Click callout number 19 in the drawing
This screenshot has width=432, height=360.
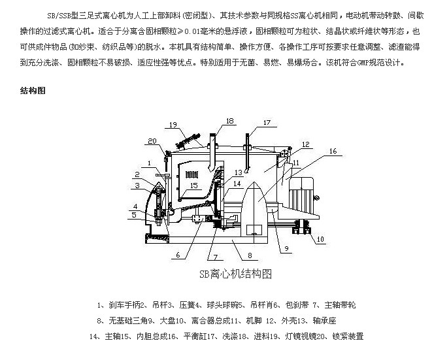click(172, 125)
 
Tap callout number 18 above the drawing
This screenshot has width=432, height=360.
click(229, 121)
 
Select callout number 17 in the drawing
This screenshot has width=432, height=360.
click(266, 122)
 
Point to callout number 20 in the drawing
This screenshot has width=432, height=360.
click(152, 141)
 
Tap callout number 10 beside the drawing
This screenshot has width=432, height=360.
click(320, 240)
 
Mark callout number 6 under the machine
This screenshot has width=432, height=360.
click(176, 255)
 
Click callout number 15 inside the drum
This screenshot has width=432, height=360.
click(193, 186)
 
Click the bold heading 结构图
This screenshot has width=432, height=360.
click(32, 91)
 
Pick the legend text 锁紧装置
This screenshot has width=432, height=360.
click(345, 336)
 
